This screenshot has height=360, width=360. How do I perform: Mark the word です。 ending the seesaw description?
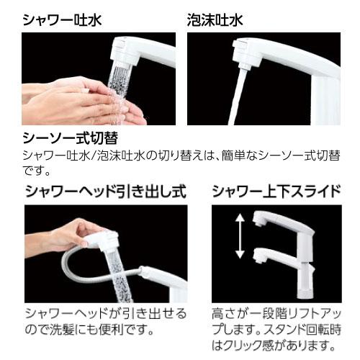coord(37,171)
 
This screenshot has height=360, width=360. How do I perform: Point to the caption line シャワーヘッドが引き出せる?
coord(105,314)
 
